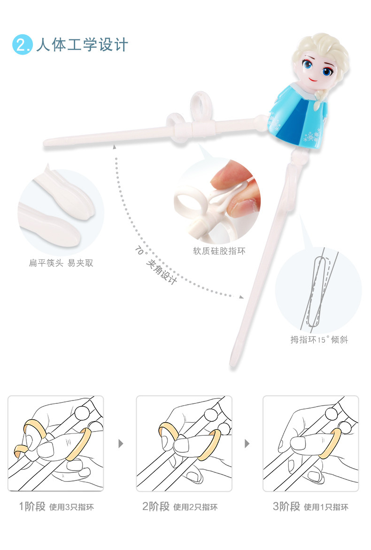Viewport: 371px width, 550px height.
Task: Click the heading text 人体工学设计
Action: pyautogui.click(x=82, y=45)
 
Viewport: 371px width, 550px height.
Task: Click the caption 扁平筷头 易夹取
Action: pyautogui.click(x=61, y=263)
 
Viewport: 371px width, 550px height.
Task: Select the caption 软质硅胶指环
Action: pyautogui.click(x=219, y=251)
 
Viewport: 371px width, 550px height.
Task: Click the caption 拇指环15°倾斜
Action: pyautogui.click(x=319, y=339)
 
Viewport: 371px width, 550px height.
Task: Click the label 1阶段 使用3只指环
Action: pyautogui.click(x=56, y=507)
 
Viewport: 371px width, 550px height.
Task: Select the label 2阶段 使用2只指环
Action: pyautogui.click(x=179, y=507)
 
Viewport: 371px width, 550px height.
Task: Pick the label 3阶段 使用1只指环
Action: pyautogui.click(x=310, y=507)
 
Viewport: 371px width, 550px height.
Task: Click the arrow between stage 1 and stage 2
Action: pyautogui.click(x=120, y=444)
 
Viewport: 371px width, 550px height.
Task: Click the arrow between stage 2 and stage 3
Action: pyautogui.click(x=247, y=444)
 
